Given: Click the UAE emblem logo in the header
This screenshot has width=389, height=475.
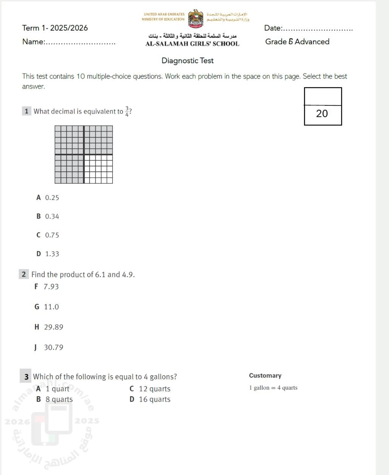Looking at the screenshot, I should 195,19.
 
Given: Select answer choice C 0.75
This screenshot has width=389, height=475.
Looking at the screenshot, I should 48,235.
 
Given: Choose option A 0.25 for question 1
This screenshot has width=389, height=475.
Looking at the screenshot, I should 48,198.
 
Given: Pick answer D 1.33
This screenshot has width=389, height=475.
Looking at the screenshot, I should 48,254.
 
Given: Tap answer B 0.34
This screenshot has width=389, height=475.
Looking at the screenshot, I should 48,217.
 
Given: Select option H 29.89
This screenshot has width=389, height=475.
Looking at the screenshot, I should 49,327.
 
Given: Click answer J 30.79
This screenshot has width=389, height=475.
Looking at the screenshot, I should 49,348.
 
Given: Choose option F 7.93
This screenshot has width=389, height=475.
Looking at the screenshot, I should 47,287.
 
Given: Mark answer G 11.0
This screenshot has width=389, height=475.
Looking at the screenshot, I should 47,307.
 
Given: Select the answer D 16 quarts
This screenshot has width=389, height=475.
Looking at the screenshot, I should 150,399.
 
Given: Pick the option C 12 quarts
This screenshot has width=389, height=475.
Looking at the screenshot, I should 150,389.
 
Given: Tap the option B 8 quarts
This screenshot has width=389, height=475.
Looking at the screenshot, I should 55,399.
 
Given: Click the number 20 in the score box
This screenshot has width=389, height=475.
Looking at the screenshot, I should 322,114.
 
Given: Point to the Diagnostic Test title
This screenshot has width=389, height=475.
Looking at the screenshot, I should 188,61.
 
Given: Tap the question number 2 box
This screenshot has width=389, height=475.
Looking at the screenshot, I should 24,275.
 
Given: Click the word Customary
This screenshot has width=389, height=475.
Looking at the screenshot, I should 265,376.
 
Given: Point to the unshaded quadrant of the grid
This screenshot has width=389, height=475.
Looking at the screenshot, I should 98,169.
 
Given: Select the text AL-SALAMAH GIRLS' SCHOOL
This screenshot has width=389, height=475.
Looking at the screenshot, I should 192,44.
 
